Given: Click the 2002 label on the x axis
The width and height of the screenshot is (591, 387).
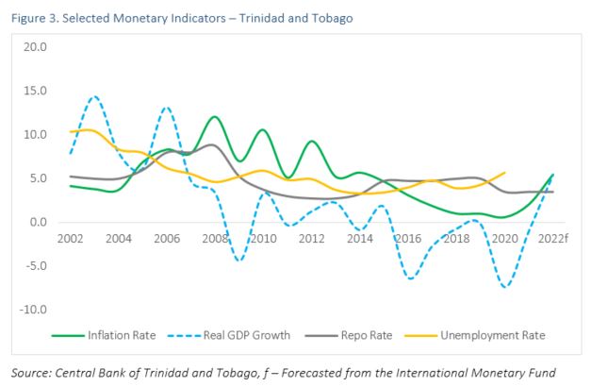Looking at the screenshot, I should (71, 239).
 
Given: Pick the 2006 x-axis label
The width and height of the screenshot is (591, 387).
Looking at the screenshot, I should (168, 239).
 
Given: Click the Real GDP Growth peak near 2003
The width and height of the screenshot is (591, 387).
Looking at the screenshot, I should (94, 96).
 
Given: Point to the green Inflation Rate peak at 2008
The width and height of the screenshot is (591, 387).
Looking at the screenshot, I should (215, 117).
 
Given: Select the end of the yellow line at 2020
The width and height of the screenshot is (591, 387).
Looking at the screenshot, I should (505, 173).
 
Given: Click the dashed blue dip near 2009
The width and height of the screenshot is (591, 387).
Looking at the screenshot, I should (239, 261).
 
